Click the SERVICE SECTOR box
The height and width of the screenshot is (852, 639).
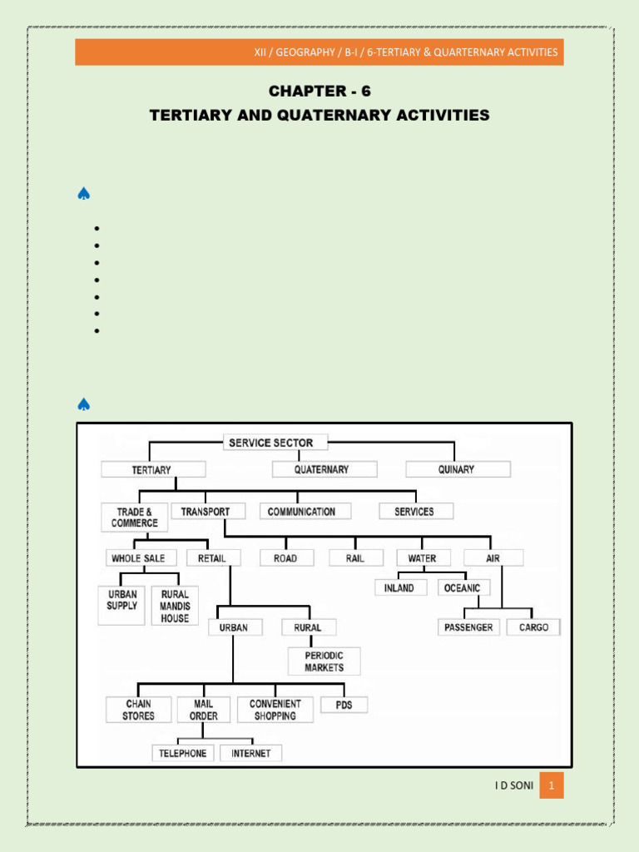pyautogui.click(x=276, y=443)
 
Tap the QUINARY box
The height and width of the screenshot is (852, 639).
pyautogui.click(x=458, y=469)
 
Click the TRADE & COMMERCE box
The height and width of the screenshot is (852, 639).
pyautogui.click(x=135, y=518)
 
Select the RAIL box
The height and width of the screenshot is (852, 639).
pyautogui.click(x=356, y=558)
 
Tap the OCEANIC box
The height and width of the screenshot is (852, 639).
pyautogui.click(x=463, y=588)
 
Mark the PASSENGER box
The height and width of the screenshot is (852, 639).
pyautogui.click(x=469, y=627)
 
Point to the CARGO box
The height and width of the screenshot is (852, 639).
pyautogui.click(x=534, y=627)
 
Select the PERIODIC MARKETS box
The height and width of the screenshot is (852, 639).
pyautogui.click(x=324, y=661)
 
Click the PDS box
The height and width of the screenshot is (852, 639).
pyautogui.click(x=344, y=705)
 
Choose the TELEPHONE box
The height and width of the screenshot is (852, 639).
pyautogui.click(x=183, y=753)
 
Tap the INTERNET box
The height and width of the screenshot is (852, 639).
pyautogui.click(x=251, y=753)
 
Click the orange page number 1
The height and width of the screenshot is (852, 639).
pyautogui.click(x=551, y=785)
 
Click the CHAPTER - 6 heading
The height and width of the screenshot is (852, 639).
pyautogui.click(x=319, y=91)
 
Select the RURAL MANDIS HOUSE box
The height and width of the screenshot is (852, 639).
pyautogui.click(x=175, y=606)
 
